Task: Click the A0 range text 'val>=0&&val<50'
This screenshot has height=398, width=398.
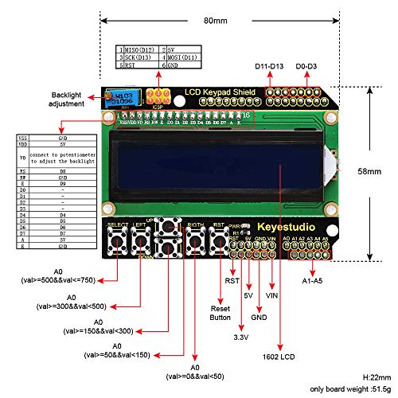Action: click(194, 375)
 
